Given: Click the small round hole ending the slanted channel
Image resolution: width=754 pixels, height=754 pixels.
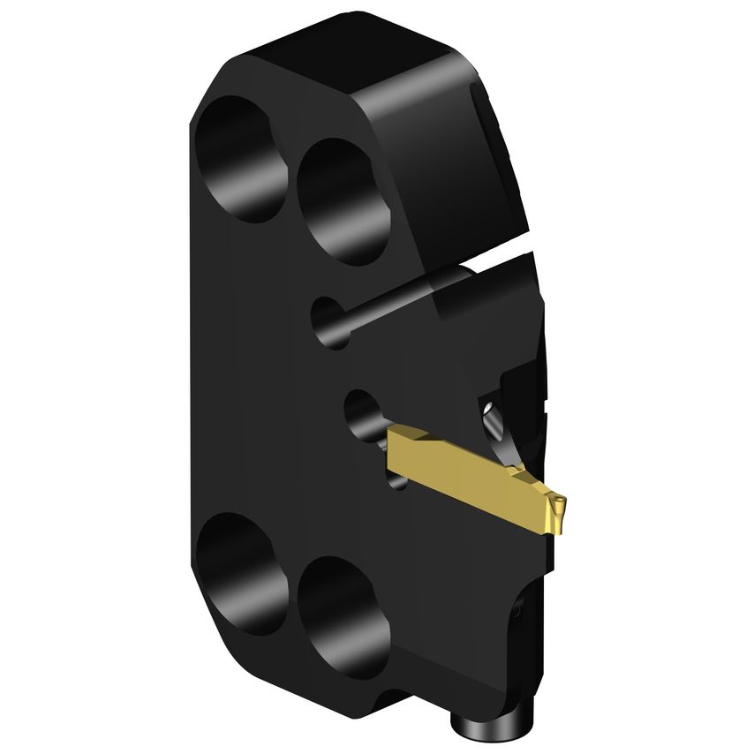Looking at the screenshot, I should (x=330, y=321).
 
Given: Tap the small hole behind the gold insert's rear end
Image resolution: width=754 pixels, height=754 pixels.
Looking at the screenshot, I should (x=362, y=415).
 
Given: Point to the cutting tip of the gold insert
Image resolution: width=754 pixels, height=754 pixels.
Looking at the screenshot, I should (x=558, y=509).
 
